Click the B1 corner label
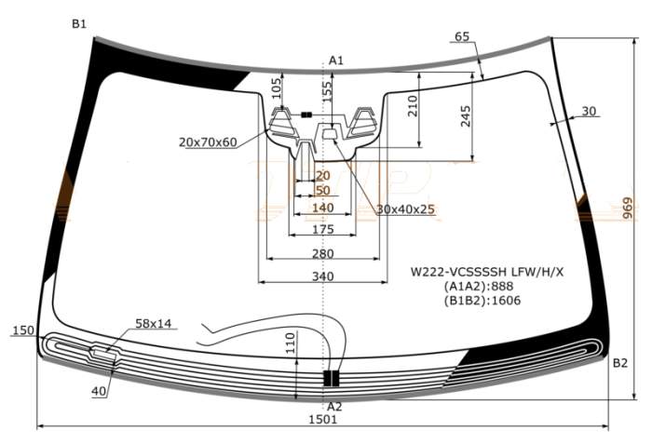(x=79, y=23)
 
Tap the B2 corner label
(x=620, y=364)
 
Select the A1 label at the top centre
(x=336, y=61)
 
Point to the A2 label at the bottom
(x=334, y=407)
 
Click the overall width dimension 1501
(x=322, y=420)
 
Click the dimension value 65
(x=463, y=37)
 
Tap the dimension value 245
(x=466, y=114)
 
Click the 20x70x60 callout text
(x=208, y=142)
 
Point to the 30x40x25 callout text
(x=406, y=209)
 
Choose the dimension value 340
(x=322, y=276)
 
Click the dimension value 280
(x=322, y=253)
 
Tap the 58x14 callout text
(x=154, y=324)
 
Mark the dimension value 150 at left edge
(x=22, y=330)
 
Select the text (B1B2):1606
(x=482, y=301)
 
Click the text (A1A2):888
(x=474, y=287)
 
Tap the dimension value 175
(x=322, y=230)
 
